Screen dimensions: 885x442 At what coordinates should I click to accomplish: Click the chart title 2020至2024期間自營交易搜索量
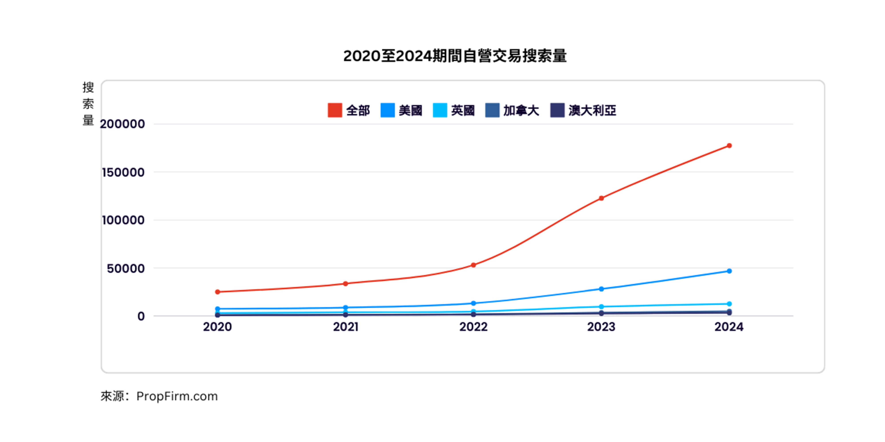455,56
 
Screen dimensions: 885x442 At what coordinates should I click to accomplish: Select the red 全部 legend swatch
335,110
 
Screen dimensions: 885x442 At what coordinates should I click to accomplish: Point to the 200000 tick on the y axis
122,124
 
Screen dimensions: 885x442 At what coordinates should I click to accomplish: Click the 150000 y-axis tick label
123,172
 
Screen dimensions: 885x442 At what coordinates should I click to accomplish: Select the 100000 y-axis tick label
123,220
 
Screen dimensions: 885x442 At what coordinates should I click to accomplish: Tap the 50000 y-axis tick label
126,268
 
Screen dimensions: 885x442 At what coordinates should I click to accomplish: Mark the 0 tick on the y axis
141,316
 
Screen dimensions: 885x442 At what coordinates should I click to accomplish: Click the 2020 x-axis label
217,327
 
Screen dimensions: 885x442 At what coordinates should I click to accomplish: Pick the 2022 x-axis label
473,327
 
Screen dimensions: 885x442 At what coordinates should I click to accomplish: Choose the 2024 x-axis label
729,327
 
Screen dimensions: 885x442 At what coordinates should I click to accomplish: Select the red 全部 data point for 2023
601,198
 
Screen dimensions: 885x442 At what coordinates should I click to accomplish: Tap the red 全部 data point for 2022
473,265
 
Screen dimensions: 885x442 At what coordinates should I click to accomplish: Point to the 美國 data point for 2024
729,271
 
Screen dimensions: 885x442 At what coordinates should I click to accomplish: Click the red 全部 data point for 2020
217,292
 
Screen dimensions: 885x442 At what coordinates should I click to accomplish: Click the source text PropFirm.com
177,396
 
